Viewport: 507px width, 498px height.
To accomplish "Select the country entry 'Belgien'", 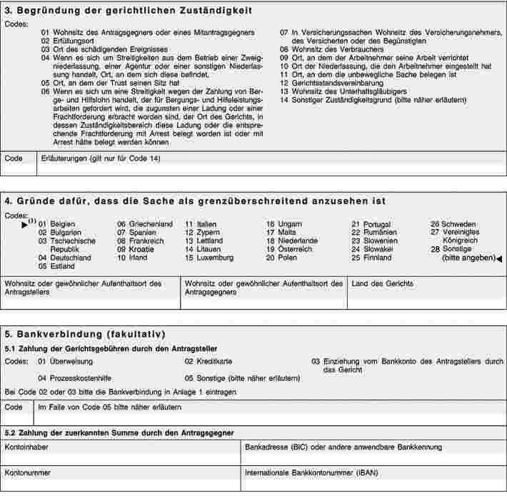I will (x=63, y=224).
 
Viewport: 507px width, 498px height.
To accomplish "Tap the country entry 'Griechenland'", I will (x=150, y=224).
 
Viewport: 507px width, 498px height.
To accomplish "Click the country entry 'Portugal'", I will (x=377, y=224).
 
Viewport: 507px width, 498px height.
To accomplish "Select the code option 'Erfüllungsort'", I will (x=70, y=41).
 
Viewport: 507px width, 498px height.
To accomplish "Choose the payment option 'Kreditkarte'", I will (x=214, y=362).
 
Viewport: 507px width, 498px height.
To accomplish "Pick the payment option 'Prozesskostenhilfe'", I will (x=81, y=378).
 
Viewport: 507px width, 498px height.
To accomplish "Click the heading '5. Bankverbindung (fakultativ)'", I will (x=84, y=333).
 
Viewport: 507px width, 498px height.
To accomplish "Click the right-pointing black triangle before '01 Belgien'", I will (x=25, y=225).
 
